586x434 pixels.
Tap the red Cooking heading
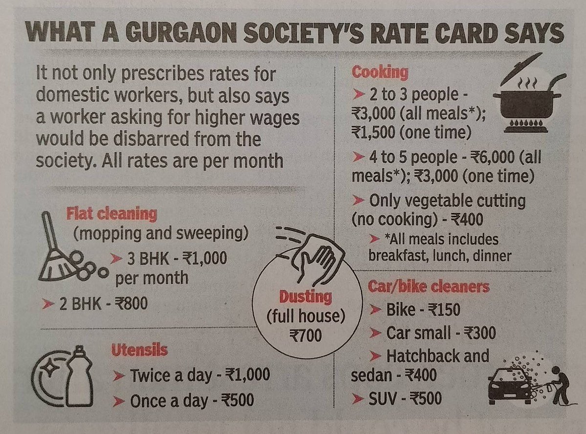[380, 73]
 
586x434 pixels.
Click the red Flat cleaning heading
[111, 214]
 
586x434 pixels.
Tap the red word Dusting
[306, 297]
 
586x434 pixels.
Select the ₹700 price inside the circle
[306, 335]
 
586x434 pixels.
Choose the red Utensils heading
[139, 350]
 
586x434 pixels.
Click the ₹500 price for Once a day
[238, 400]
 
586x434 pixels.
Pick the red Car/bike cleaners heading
[428, 287]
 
